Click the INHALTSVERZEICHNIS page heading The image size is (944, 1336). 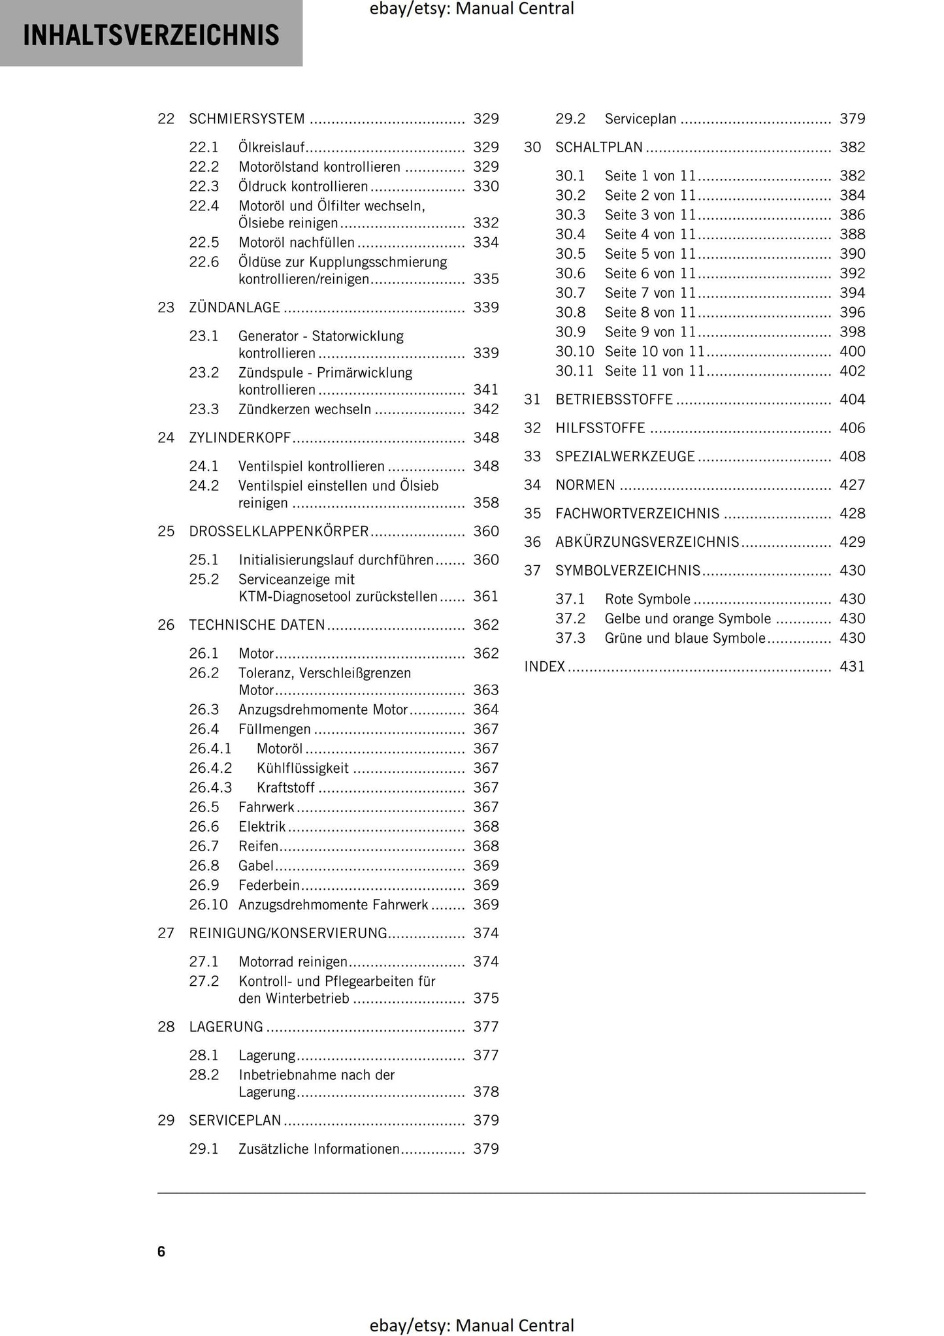151,35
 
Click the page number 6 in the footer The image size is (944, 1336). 161,1251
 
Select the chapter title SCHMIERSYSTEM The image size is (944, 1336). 247,119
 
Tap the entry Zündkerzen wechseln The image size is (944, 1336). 304,410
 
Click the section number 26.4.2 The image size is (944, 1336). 210,768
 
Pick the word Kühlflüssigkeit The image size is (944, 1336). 302,768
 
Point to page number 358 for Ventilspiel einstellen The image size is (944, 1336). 485,503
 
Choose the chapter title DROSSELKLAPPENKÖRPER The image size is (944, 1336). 279,532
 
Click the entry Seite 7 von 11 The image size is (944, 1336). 650,293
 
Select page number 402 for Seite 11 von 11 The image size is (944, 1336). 852,371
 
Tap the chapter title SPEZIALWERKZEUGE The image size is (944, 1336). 625,457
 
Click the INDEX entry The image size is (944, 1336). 544,667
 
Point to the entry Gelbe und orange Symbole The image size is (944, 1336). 687,619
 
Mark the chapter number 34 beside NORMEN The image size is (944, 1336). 532,485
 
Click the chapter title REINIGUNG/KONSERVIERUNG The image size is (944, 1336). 288,934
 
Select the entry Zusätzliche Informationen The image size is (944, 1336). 319,1149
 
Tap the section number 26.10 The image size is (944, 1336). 208,905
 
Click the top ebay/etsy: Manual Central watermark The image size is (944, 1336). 472,9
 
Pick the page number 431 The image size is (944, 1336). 852,667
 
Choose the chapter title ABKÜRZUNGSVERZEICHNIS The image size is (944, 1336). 647,542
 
